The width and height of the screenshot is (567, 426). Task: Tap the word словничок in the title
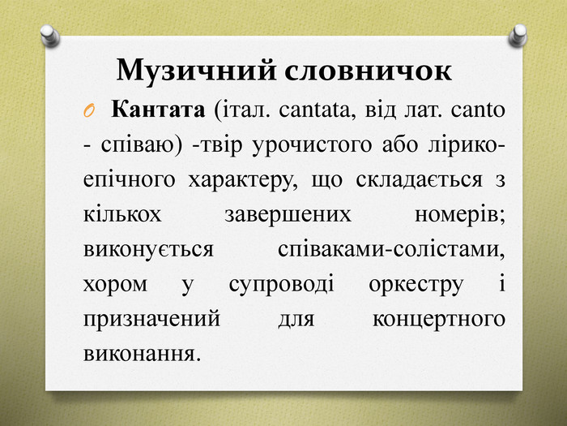pyautogui.click(x=368, y=71)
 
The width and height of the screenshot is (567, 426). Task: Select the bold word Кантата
pyautogui.click(x=158, y=109)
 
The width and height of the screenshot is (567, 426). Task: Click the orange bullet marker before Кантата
pyautogui.click(x=89, y=111)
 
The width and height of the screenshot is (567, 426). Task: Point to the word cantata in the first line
pyautogui.click(x=314, y=110)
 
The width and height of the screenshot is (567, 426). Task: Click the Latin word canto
pyautogui.click(x=478, y=110)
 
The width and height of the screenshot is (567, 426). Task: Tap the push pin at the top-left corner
pyautogui.click(x=50, y=36)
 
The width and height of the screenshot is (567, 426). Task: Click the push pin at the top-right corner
pyautogui.click(x=518, y=36)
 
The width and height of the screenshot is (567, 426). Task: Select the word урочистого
pyautogui.click(x=312, y=146)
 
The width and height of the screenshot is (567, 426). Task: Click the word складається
pyautogui.click(x=419, y=180)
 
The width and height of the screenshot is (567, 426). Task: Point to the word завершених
pyautogui.click(x=288, y=215)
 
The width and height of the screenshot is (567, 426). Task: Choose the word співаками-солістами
pyautogui.click(x=391, y=250)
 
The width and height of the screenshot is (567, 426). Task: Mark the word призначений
pyautogui.click(x=151, y=320)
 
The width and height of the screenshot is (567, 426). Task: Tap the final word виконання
pyautogui.click(x=142, y=354)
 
